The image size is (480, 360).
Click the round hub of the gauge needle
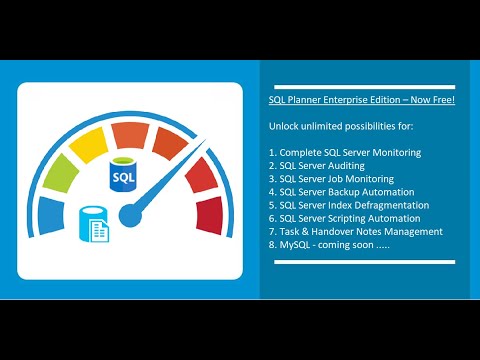click(128, 213)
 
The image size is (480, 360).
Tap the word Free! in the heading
click(441, 101)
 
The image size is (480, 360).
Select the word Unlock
click(283, 127)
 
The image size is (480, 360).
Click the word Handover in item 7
click(342, 231)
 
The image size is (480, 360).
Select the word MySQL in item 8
click(295, 244)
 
